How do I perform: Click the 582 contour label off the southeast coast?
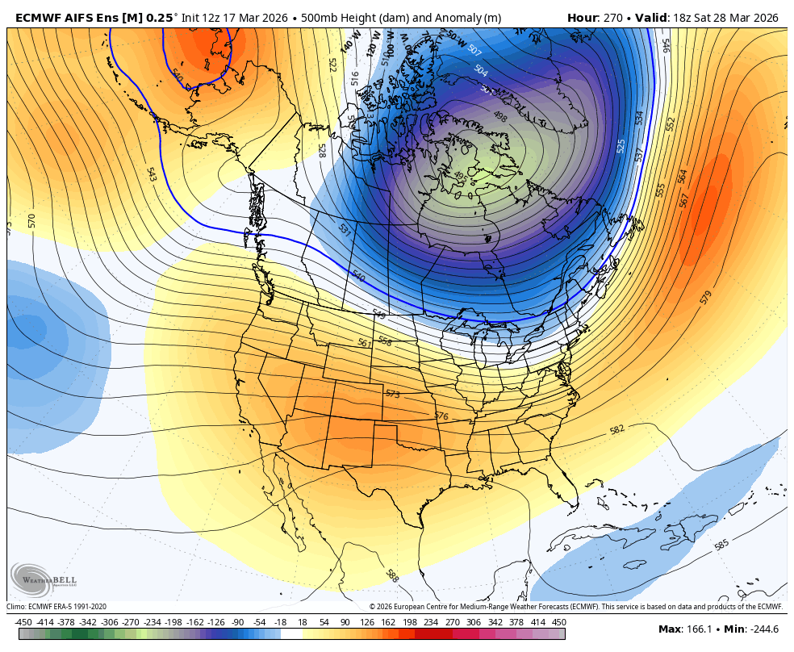tap(617, 430)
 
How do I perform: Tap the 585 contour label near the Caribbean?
tap(721, 545)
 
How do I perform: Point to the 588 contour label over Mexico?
tap(392, 575)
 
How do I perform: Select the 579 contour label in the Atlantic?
tap(706, 297)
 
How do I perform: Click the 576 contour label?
tap(441, 416)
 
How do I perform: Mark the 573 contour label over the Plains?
tap(392, 394)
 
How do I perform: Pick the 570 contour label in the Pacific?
tap(31, 219)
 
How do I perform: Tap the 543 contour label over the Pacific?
tap(151, 174)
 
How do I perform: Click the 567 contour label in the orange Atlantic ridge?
tap(684, 199)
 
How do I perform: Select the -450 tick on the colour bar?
tap(23, 622)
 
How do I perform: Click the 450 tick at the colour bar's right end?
tap(559, 622)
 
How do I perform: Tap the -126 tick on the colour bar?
tap(215, 622)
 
